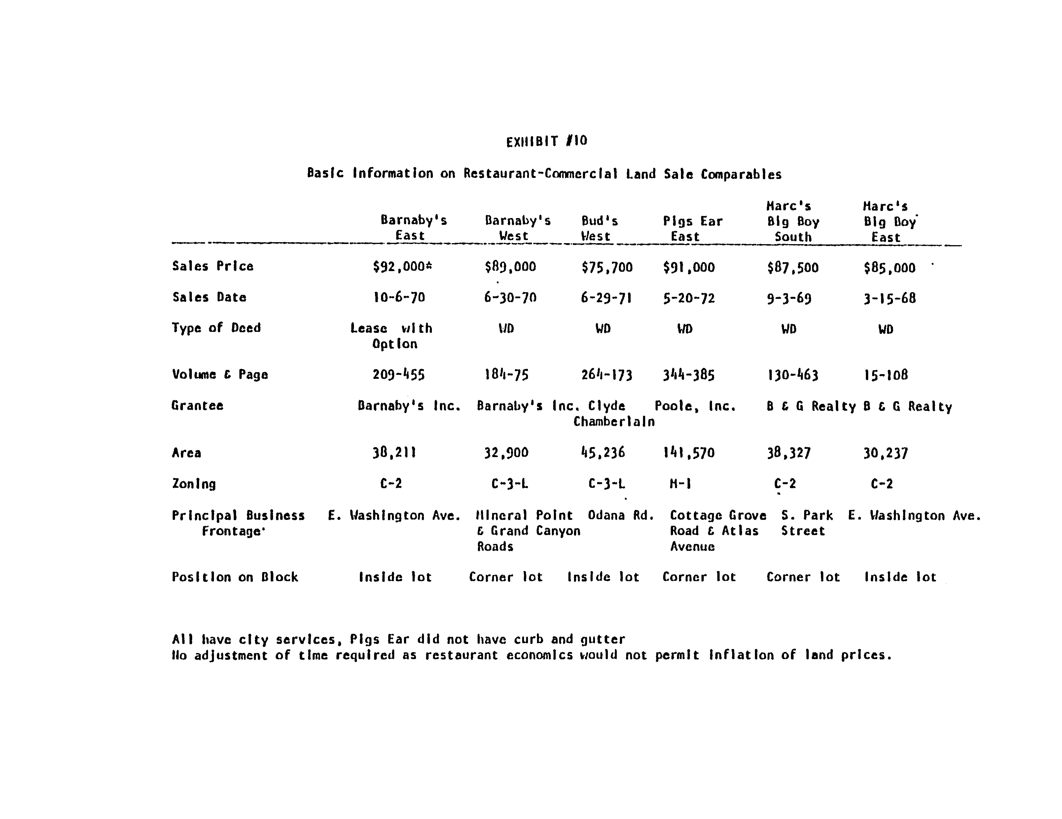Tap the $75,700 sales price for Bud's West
(607, 267)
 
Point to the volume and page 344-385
(689, 375)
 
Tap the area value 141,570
(689, 453)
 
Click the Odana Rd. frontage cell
(620, 515)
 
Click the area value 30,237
(886, 454)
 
